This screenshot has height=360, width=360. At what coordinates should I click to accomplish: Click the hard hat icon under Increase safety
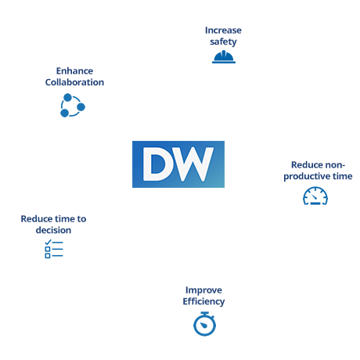tap(224, 57)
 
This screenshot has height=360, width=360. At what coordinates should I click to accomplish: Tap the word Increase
tap(223, 31)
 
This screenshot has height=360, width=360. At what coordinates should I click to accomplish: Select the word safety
tap(223, 41)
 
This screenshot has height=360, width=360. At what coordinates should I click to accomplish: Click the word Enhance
tap(74, 71)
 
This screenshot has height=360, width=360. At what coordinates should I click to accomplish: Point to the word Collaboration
tap(74, 82)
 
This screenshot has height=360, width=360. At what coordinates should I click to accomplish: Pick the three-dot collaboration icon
tap(73, 105)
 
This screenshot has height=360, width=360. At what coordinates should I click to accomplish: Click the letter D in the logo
tap(158, 164)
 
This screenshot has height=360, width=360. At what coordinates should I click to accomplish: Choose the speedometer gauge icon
tap(315, 196)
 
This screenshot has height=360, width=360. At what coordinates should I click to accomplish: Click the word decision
tap(53, 230)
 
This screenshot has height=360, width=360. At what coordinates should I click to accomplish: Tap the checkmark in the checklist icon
tap(48, 242)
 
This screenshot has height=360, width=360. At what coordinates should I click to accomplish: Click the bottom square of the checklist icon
tap(48, 256)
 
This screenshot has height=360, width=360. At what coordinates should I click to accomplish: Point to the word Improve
tap(203, 290)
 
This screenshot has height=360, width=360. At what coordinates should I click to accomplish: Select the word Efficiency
tap(203, 301)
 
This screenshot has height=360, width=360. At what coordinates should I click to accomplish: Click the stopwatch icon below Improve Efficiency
tap(204, 324)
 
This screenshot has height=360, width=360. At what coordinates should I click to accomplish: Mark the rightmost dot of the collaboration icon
tap(81, 107)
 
